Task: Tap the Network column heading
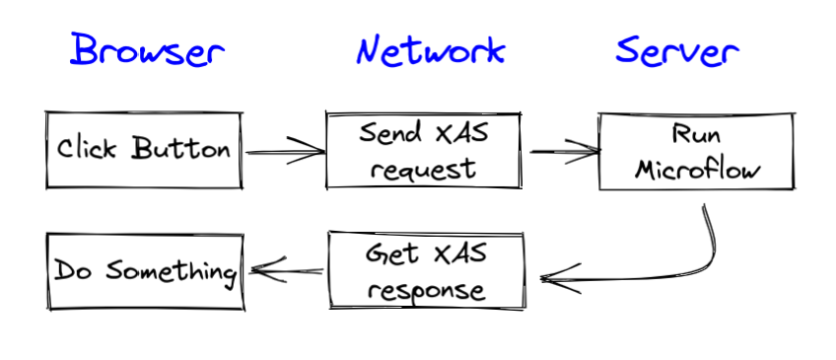pyautogui.click(x=430, y=49)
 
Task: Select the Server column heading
pyautogui.click(x=676, y=49)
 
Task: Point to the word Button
pyautogui.click(x=182, y=150)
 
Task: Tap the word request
pyautogui.click(x=424, y=168)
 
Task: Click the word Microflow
pyautogui.click(x=698, y=168)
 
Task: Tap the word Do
pyautogui.click(x=71, y=270)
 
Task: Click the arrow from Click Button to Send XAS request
pyautogui.click(x=284, y=152)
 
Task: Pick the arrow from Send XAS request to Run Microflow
pyautogui.click(x=564, y=152)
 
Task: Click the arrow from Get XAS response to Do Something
pyautogui.click(x=287, y=268)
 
